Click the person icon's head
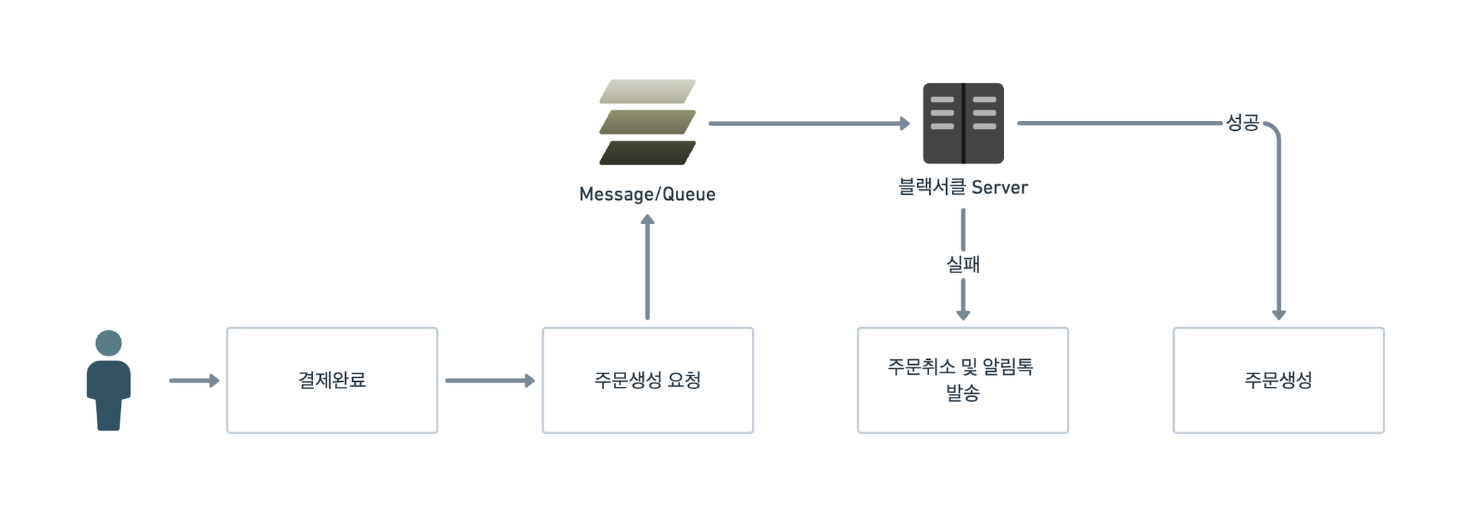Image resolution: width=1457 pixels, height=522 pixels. coord(108,343)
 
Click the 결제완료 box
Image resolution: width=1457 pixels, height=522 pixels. coord(332,380)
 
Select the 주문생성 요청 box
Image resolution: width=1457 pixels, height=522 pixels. coord(647,380)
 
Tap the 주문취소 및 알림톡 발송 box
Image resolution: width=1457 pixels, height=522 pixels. coord(963,380)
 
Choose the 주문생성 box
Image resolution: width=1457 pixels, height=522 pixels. coord(1278,380)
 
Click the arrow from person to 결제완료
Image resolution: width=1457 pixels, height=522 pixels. coord(194,380)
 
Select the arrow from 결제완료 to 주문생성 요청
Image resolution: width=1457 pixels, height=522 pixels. coord(490,380)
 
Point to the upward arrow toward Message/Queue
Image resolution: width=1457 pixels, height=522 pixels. coord(647,267)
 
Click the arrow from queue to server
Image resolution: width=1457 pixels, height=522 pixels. coord(810,124)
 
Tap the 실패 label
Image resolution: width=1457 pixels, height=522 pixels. coord(963,265)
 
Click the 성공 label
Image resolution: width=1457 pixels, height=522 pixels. coord(1242,123)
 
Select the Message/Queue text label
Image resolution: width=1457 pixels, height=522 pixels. coord(647,194)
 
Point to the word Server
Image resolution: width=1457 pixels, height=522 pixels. coord(1000,188)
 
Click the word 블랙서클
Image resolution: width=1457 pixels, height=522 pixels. coord(932,187)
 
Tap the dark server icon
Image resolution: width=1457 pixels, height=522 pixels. coord(963,123)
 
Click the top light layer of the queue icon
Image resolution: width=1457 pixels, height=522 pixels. coord(647,91)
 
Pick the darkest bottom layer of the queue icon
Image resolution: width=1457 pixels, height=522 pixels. coord(647,153)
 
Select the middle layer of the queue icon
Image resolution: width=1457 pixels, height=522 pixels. coord(647,122)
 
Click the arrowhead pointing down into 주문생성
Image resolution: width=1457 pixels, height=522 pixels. coord(1278,315)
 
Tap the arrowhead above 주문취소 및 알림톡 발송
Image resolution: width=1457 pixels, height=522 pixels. coord(963,315)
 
